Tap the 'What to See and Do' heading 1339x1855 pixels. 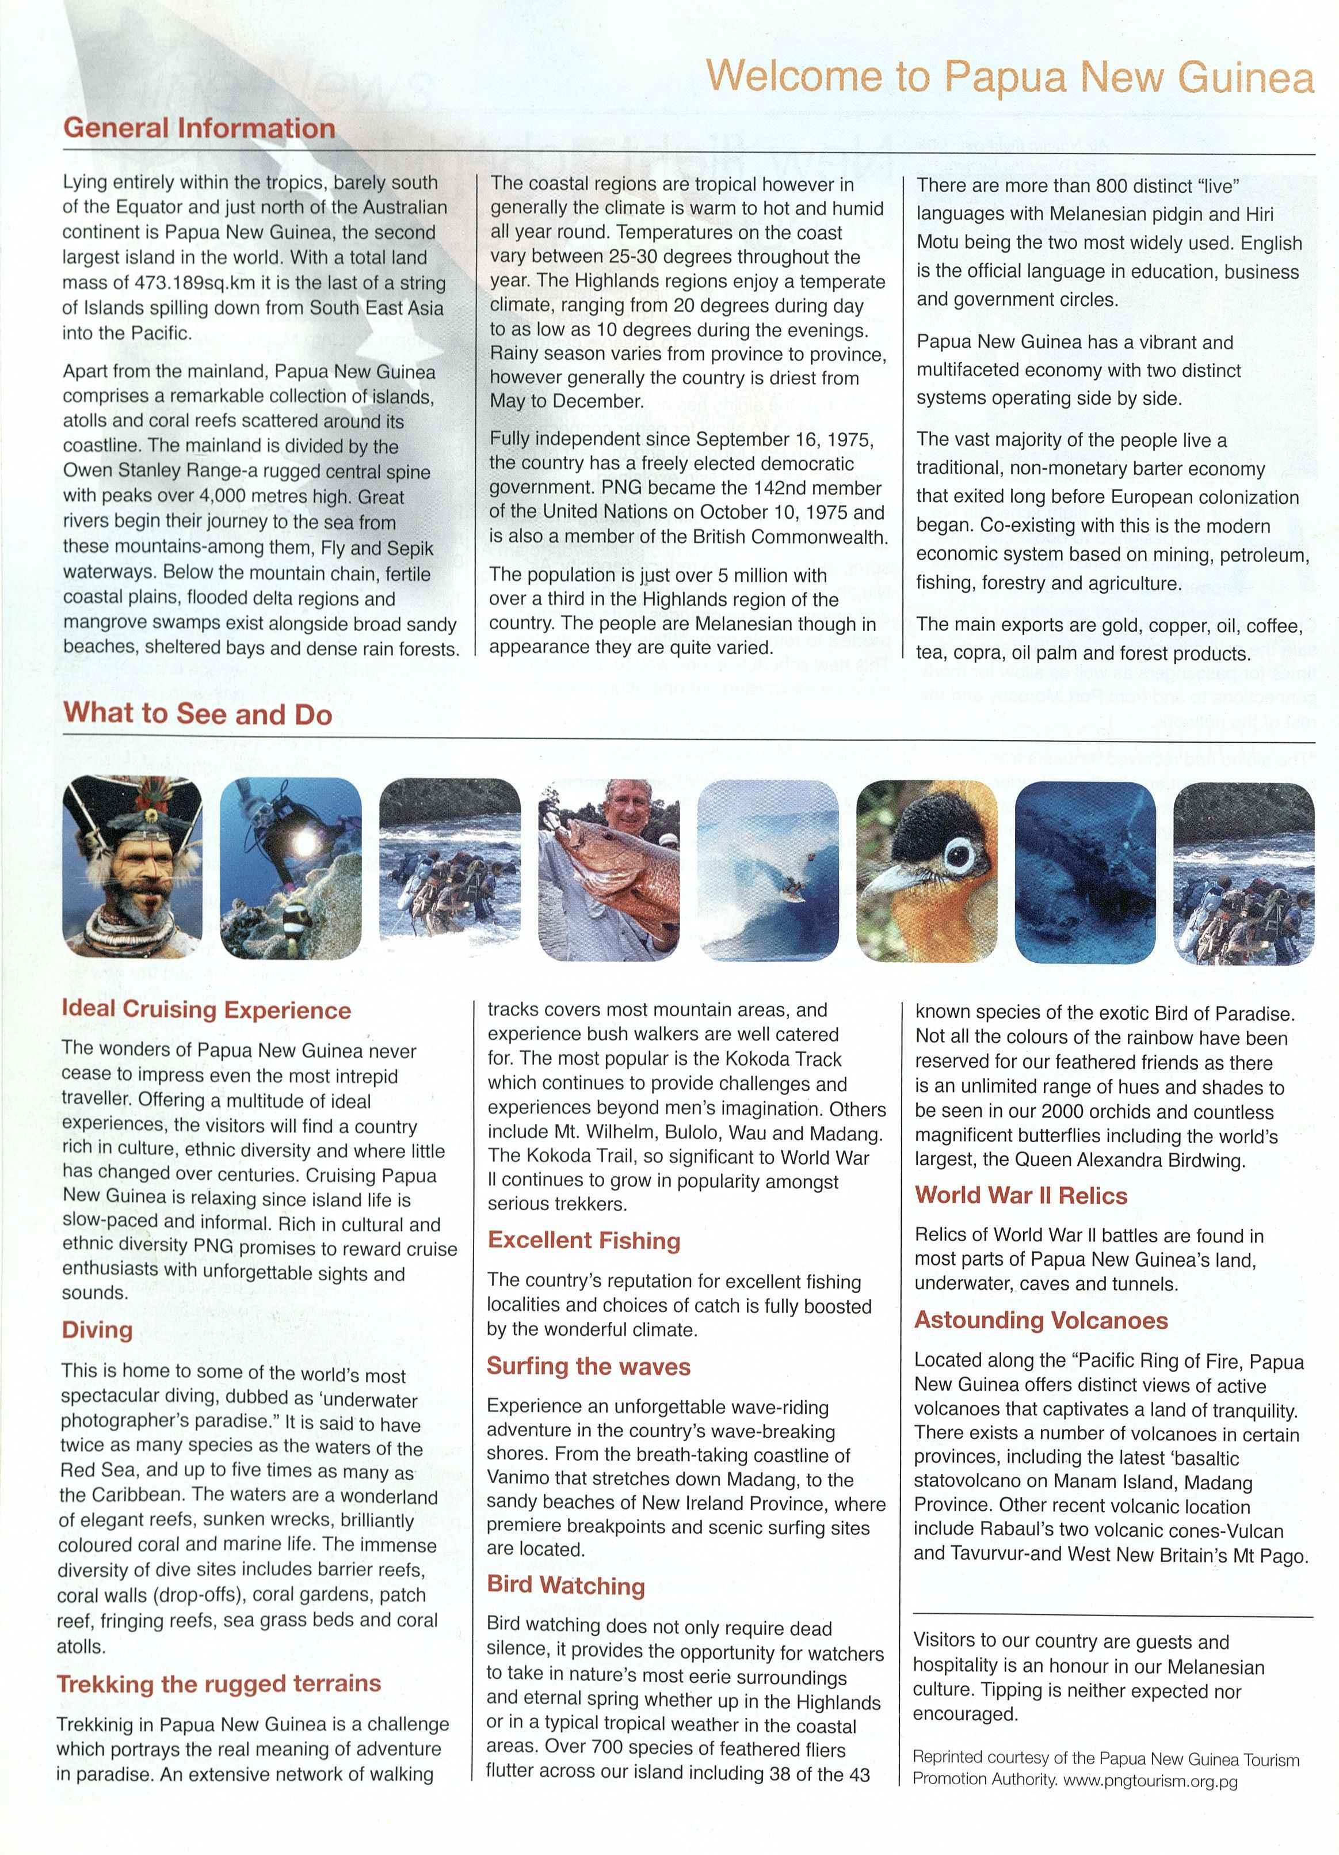(x=198, y=714)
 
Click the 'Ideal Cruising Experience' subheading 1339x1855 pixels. (x=206, y=1010)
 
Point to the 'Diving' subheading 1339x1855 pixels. (x=97, y=1330)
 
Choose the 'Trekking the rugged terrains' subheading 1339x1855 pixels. (x=219, y=1684)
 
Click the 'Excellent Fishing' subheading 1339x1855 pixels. (x=583, y=1241)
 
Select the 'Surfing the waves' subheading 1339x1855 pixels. (x=589, y=1367)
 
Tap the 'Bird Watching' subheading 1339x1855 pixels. (x=566, y=1585)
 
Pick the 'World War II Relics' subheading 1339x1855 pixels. (x=1021, y=1196)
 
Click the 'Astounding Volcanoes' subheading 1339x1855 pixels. (x=1040, y=1320)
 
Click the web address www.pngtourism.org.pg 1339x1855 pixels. (x=1150, y=1781)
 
